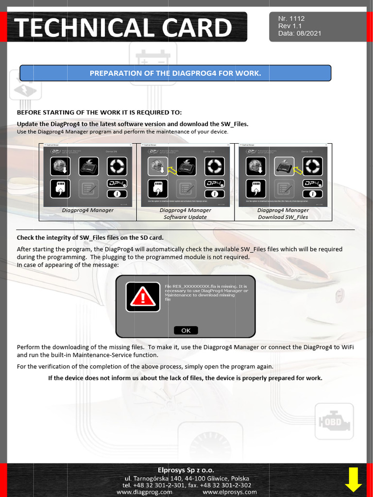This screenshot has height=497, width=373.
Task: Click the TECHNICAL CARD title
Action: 123,27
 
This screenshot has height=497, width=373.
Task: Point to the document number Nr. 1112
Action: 291,18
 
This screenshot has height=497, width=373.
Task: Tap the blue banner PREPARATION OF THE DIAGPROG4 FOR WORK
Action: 175,73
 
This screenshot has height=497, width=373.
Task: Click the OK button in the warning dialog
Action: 186,331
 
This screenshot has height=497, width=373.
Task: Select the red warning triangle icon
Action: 143,297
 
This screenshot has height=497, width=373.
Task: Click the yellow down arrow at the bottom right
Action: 353,480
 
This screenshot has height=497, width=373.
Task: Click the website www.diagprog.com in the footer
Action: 144,492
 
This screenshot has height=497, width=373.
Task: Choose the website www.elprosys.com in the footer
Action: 229,492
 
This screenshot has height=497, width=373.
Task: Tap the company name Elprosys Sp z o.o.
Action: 186,470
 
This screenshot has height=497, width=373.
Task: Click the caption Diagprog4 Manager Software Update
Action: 185,214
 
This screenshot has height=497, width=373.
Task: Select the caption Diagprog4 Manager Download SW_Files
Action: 283,214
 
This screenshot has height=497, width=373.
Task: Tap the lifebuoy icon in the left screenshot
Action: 117,166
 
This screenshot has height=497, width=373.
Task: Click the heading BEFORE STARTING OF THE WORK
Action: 99,112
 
